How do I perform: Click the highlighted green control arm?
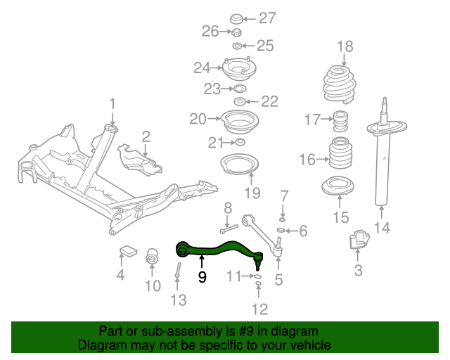click(x=218, y=250)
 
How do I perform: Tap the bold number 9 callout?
click(x=202, y=277)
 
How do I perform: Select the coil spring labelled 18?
click(x=340, y=84)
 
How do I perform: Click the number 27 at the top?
click(x=267, y=18)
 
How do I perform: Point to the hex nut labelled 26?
click(x=236, y=32)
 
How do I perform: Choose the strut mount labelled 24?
click(x=239, y=69)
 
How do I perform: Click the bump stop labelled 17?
click(x=340, y=121)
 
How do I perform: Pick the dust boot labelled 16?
click(x=340, y=153)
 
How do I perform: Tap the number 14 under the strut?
click(x=382, y=228)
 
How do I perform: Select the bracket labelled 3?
click(x=359, y=238)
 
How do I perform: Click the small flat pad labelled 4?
click(x=128, y=250)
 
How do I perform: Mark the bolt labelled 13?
click(x=178, y=270)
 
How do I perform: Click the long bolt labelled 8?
click(x=229, y=229)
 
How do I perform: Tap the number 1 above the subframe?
click(x=112, y=103)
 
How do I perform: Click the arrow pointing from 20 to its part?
click(x=214, y=118)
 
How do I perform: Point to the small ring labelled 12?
click(x=258, y=284)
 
